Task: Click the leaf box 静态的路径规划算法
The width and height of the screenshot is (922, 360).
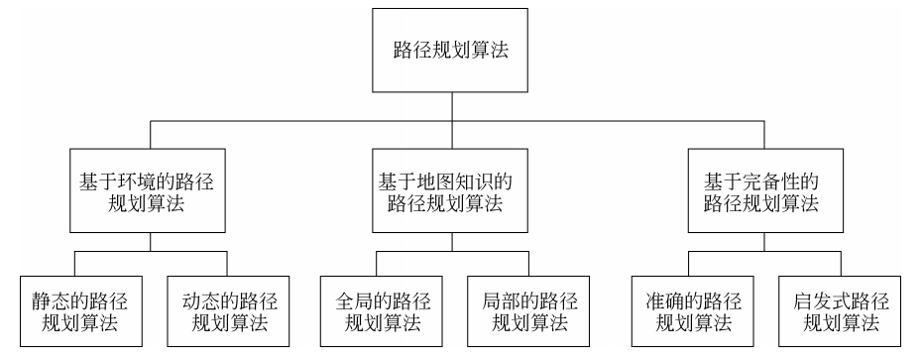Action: pyautogui.click(x=75, y=310)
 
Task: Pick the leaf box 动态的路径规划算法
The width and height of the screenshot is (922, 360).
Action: pyautogui.click(x=229, y=310)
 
